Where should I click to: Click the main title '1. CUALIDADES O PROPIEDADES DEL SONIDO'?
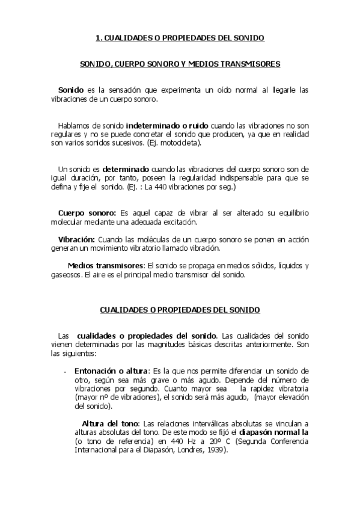coord(180,37)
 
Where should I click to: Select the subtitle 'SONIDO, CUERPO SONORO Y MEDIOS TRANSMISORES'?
coord(180,63)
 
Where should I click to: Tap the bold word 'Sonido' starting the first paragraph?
coord(70,90)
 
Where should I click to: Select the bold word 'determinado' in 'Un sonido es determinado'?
coord(127,170)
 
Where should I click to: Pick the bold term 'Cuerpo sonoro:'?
coord(87,214)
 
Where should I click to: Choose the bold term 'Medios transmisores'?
coord(106,265)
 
